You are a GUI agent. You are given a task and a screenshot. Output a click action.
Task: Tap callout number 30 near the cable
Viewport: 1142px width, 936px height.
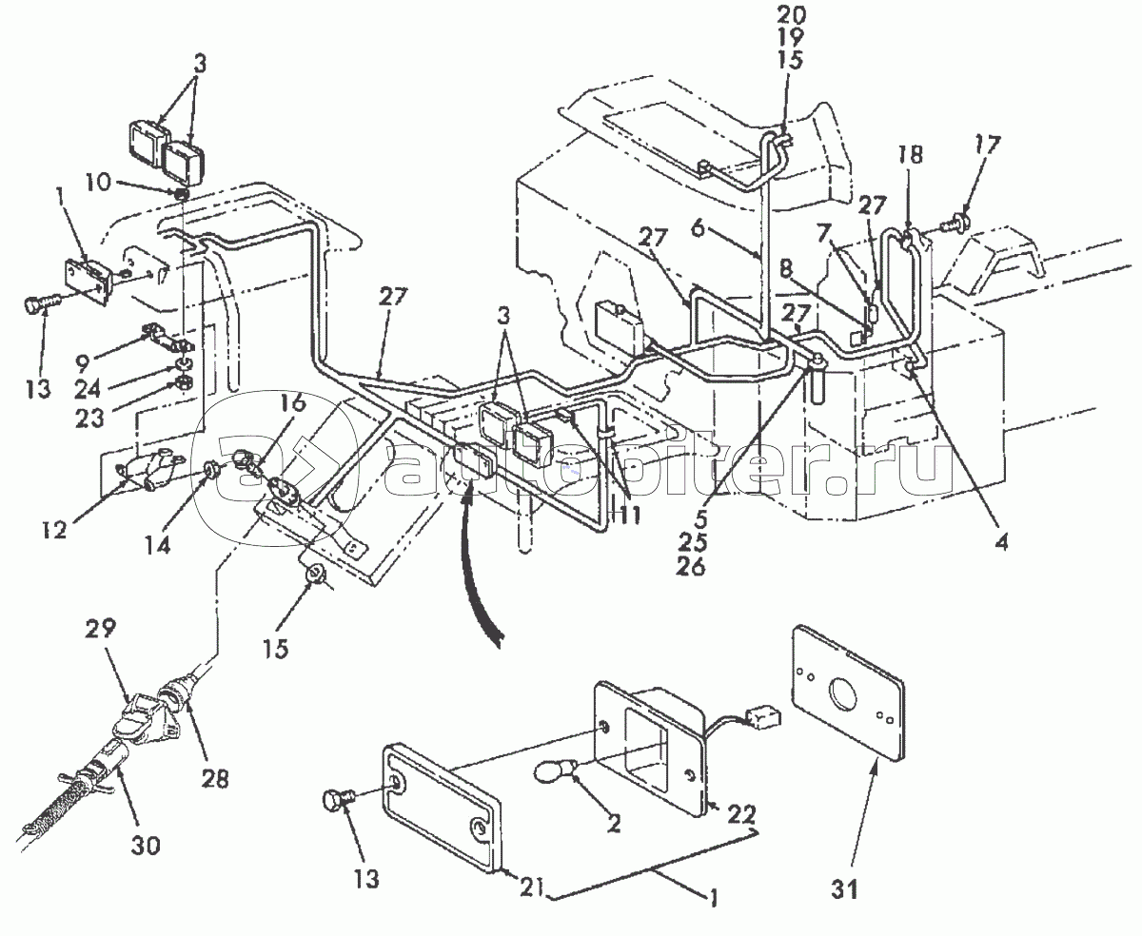146,845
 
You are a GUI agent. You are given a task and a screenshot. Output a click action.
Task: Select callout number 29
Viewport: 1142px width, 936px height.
101,629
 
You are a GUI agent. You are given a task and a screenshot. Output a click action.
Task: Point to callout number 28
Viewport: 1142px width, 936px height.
214,779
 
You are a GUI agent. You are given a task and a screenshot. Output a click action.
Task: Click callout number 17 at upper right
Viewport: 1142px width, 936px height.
987,146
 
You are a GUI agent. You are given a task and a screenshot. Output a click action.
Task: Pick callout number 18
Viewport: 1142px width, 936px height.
910,154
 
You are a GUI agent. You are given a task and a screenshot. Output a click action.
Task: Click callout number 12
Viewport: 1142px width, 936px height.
54,530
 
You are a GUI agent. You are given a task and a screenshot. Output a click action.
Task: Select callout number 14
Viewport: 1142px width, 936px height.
158,545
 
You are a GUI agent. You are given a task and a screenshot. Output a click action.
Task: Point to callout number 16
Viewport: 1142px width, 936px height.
293,402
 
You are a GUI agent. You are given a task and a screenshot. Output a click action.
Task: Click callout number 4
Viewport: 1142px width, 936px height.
1002,541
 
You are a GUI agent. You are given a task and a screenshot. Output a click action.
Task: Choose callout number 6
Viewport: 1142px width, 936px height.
698,228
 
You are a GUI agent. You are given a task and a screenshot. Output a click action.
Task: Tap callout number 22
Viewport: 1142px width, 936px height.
741,814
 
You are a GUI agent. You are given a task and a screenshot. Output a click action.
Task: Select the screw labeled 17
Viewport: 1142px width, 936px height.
957,222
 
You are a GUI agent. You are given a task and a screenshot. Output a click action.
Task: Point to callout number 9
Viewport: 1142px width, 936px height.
82,363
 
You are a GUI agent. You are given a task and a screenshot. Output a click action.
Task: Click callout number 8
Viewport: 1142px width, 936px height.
786,269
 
